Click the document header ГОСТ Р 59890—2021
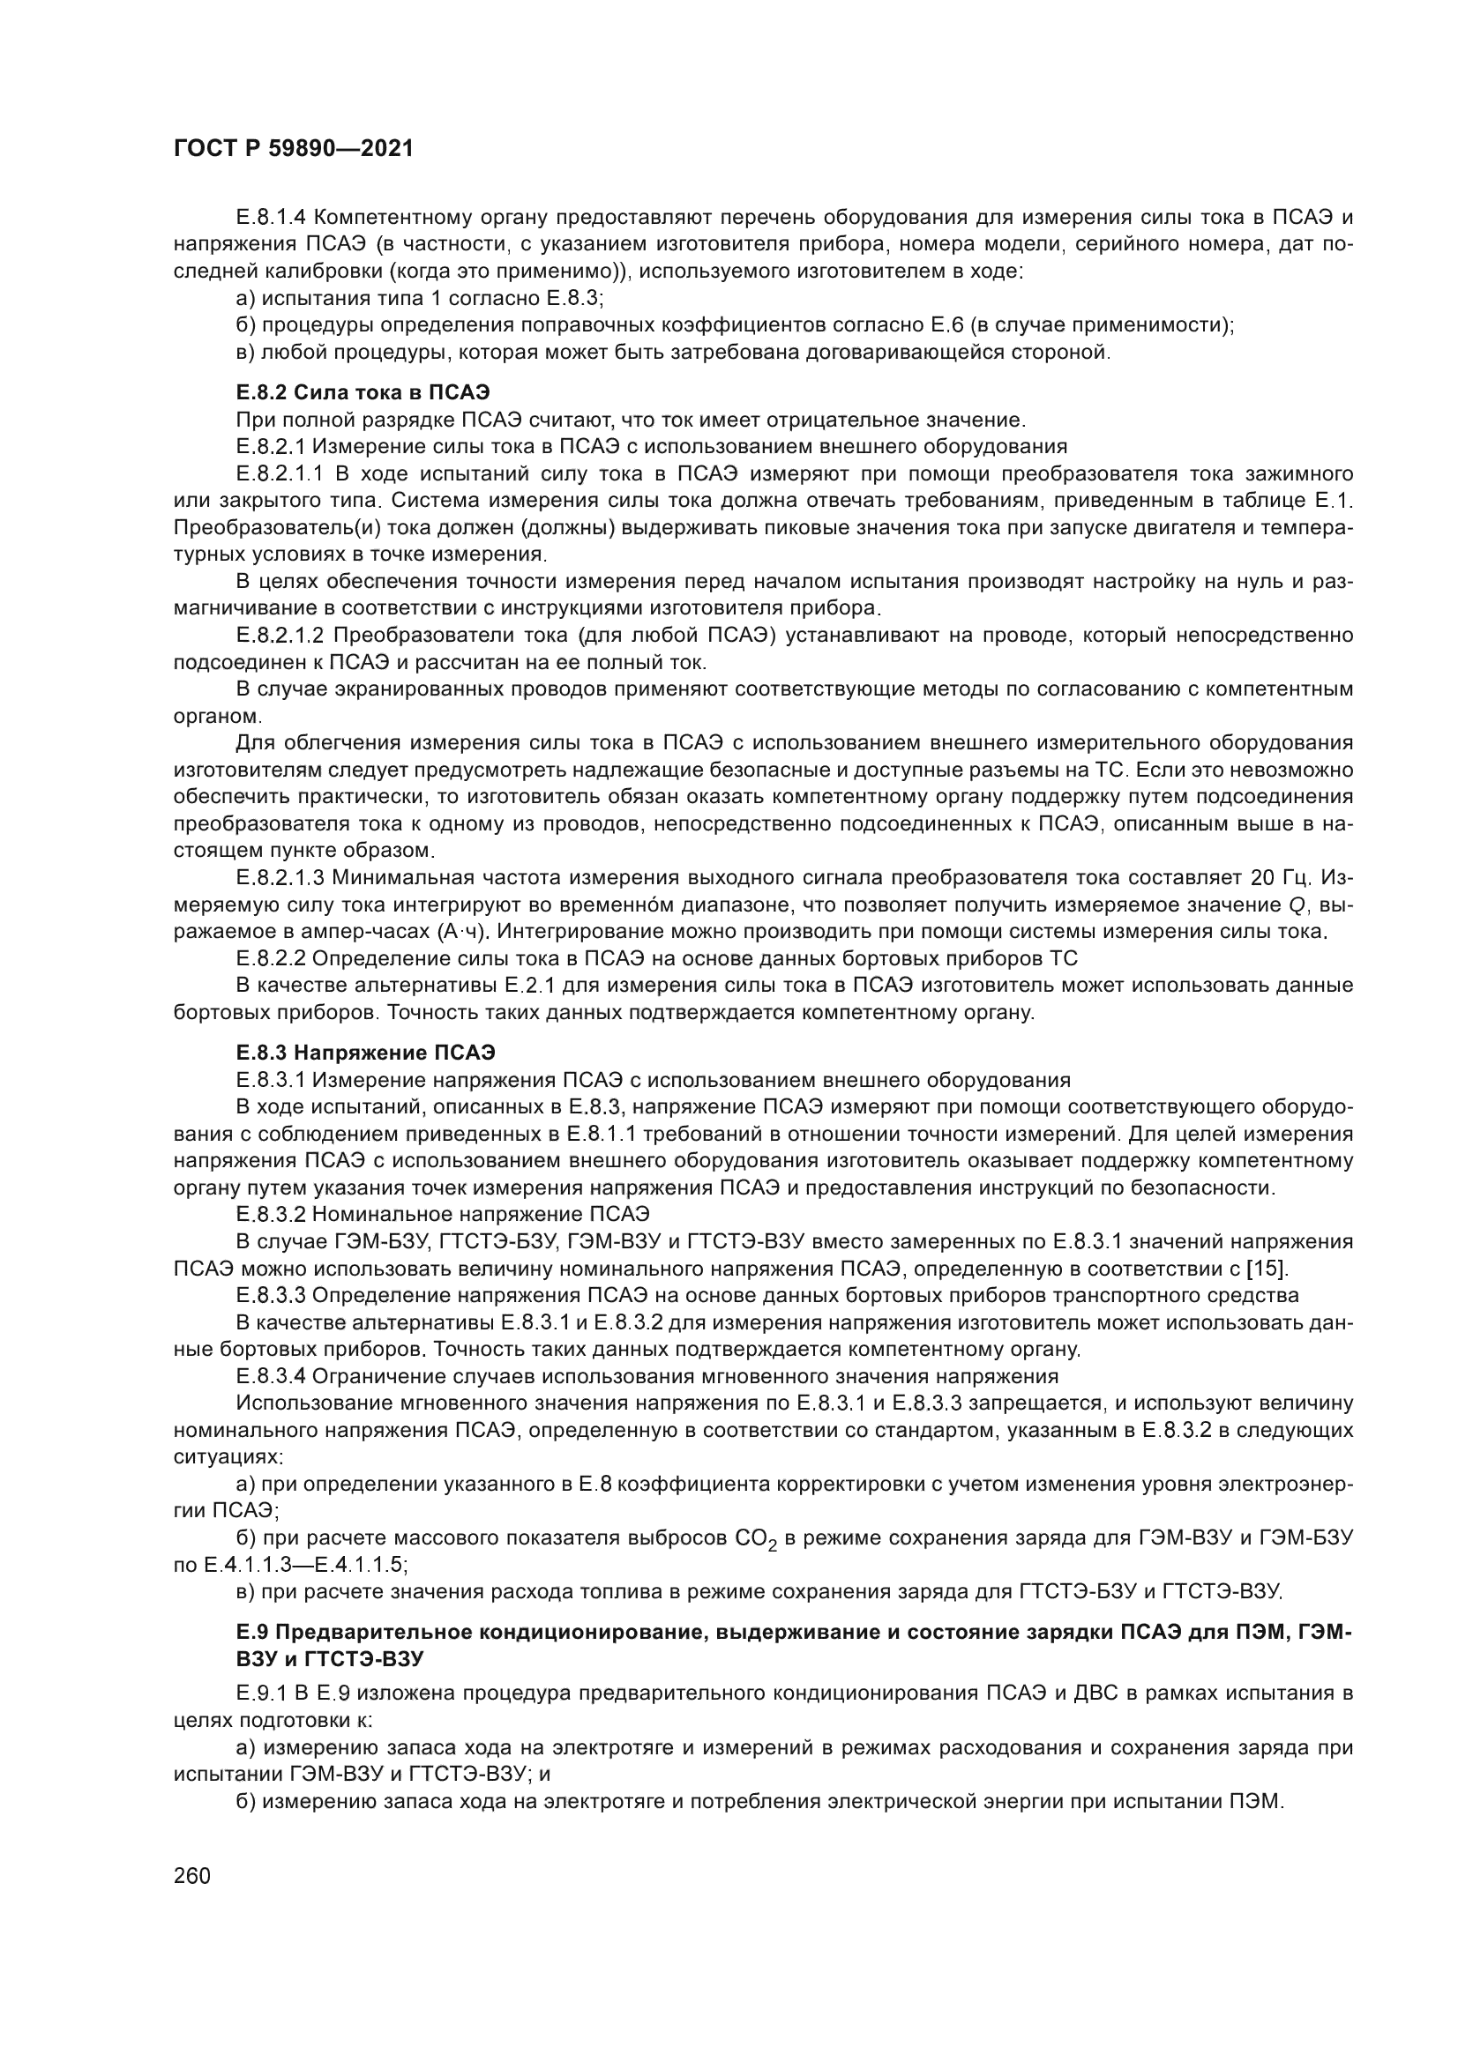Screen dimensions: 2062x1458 (x=293, y=149)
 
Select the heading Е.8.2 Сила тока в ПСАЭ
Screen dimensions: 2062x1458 (x=363, y=392)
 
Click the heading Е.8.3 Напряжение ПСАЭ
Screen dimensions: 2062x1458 (x=366, y=1052)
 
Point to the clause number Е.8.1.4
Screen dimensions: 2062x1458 (x=273, y=218)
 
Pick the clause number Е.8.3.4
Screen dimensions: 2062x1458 (x=272, y=1376)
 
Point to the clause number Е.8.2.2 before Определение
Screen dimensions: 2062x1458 (x=272, y=958)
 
